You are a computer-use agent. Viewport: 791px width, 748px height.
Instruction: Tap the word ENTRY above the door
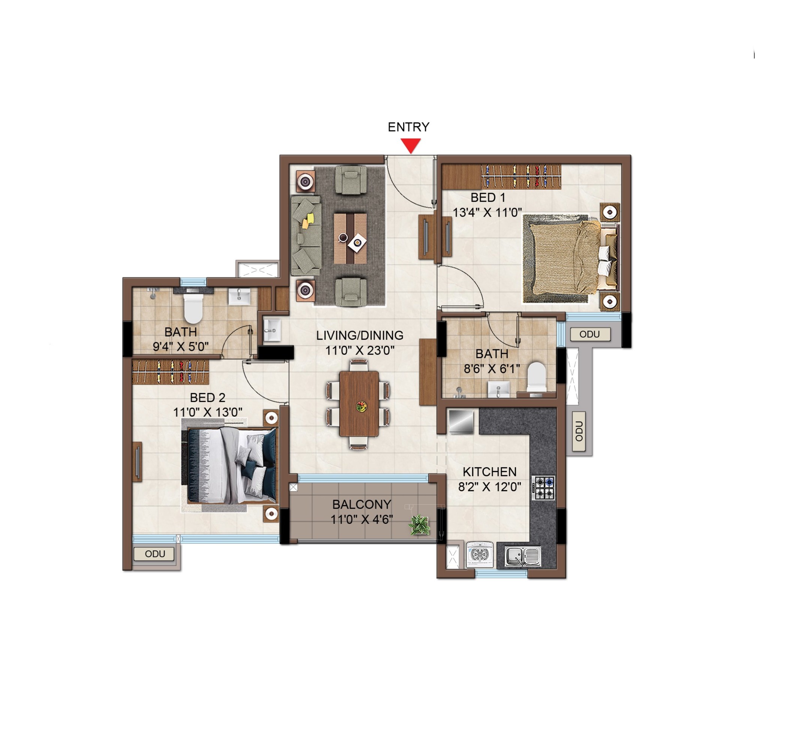(409, 127)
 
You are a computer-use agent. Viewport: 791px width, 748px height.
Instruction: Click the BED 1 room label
(488, 197)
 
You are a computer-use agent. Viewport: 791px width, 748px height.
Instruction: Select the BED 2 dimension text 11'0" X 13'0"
(208, 412)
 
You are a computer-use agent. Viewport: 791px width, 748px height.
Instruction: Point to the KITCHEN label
(490, 472)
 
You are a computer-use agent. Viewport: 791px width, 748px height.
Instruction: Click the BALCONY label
(362, 504)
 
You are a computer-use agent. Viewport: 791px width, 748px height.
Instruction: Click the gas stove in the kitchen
(544, 488)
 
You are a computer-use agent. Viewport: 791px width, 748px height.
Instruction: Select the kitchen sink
(523, 556)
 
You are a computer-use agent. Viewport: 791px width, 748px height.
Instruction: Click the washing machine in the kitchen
(480, 555)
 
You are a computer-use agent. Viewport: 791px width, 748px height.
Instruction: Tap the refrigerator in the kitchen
(461, 422)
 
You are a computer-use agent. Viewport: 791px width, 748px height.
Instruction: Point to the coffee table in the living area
(350, 238)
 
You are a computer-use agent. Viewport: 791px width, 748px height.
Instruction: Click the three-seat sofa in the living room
(306, 235)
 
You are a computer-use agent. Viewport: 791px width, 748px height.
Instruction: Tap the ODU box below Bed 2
(154, 554)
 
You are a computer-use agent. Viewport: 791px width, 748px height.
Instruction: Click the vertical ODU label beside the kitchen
(579, 431)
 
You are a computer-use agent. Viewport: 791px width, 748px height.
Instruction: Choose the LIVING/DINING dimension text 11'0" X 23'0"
(360, 350)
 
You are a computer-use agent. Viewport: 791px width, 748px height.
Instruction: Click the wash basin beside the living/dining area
(272, 330)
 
